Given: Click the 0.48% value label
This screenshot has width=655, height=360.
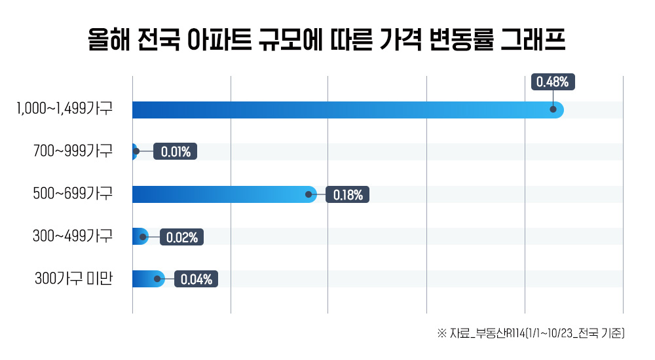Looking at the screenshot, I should [x=553, y=82].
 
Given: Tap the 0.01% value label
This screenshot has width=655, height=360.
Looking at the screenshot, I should [x=176, y=153].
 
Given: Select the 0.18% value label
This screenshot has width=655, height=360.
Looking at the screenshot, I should [x=347, y=194].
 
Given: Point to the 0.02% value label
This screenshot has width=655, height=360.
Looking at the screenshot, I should [x=181, y=237].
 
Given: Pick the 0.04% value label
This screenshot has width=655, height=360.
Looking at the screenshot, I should [x=196, y=279].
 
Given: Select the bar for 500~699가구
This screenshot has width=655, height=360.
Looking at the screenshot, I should [x=223, y=194].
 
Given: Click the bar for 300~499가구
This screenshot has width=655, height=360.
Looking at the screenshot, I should [x=138, y=236].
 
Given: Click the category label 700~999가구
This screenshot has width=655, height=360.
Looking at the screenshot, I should [x=73, y=153].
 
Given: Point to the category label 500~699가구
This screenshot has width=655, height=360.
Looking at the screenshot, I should [x=73, y=194].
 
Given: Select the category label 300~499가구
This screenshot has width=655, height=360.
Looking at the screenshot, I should [x=73, y=236].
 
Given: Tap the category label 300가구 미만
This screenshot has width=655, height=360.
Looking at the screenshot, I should [x=74, y=279].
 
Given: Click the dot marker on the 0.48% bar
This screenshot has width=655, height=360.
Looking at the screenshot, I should [x=554, y=110].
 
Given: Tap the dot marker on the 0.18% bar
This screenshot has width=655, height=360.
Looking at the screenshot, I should [x=308, y=194].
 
